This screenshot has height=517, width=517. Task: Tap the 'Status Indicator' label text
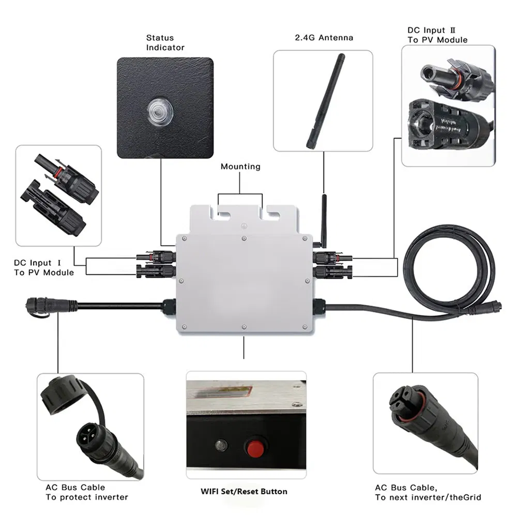(x=165, y=42)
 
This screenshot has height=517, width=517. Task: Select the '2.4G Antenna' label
(x=324, y=38)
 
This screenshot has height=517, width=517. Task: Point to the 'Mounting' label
(x=240, y=166)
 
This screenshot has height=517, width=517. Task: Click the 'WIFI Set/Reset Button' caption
(x=244, y=491)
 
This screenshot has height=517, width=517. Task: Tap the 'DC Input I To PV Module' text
(x=43, y=268)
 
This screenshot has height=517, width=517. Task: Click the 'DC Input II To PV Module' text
(x=437, y=35)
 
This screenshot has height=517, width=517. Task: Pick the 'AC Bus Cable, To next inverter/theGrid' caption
(x=428, y=492)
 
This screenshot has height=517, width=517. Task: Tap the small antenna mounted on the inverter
(x=324, y=217)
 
